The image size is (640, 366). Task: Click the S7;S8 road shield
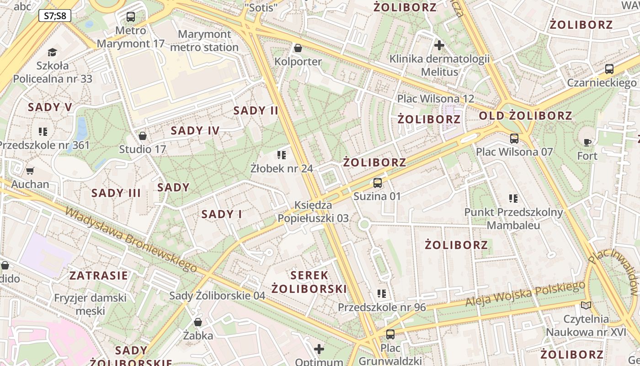click(55, 16)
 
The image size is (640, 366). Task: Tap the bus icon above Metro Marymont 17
click(131, 17)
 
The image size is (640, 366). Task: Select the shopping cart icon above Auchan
click(30, 171)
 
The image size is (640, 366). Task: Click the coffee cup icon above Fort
click(587, 142)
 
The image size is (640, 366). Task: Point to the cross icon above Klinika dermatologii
click(439, 45)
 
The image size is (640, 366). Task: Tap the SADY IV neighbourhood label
click(195, 131)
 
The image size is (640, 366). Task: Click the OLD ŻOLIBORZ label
click(525, 116)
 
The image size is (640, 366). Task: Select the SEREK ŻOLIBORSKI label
click(309, 282)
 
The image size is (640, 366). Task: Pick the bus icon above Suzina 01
click(378, 183)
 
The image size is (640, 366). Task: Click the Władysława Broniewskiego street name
click(131, 239)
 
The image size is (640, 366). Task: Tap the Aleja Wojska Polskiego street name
click(525, 294)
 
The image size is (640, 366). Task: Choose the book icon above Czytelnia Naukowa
click(586, 305)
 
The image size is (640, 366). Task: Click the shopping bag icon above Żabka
click(198, 322)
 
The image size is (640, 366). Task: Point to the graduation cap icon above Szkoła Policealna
click(52, 52)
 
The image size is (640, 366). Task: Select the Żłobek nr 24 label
click(282, 168)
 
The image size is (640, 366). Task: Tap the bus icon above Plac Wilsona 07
click(514, 138)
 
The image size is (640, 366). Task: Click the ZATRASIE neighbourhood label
click(99, 275)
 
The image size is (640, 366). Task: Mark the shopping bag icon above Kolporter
click(298, 48)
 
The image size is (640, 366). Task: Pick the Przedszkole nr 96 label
click(382, 307)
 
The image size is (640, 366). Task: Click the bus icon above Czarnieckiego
click(609, 70)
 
